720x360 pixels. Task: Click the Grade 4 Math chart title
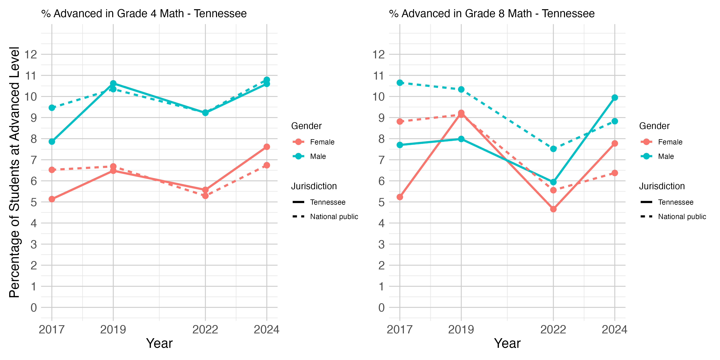click(x=144, y=13)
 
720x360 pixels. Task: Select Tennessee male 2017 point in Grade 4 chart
click(x=52, y=142)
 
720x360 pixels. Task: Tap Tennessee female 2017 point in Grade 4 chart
click(x=52, y=199)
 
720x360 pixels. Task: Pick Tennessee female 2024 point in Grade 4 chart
click(x=267, y=147)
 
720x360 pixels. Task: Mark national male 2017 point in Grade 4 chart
click(x=52, y=108)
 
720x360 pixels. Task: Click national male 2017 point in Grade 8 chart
click(x=400, y=83)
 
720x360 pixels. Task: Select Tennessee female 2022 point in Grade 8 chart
click(x=553, y=209)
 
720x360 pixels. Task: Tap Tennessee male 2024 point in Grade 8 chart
click(x=615, y=98)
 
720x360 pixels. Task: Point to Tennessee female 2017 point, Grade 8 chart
click(x=400, y=197)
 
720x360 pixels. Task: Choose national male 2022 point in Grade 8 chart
click(x=553, y=149)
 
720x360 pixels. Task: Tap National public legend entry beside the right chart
click(x=673, y=217)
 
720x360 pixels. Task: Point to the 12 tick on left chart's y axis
click(x=31, y=55)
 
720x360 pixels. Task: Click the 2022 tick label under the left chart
click(x=205, y=330)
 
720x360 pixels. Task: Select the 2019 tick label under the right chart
click(x=461, y=330)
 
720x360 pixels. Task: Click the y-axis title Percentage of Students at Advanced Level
click(x=15, y=172)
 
